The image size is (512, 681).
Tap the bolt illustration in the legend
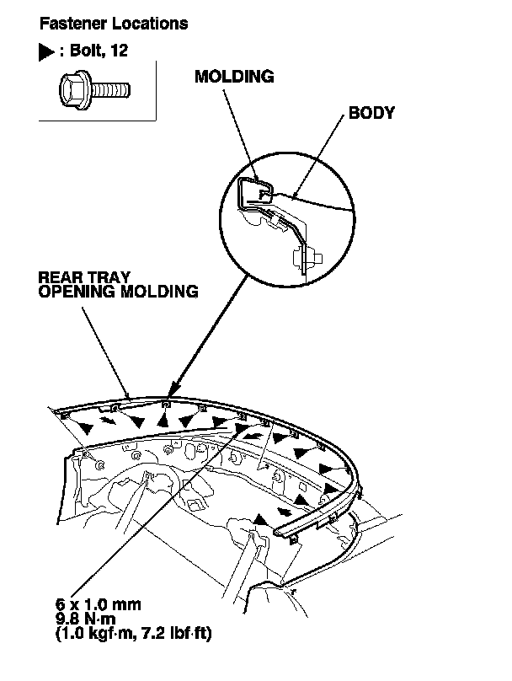[93, 87]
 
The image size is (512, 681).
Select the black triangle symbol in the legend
[46, 52]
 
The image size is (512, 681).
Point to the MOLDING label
[234, 77]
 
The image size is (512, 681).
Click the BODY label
[371, 113]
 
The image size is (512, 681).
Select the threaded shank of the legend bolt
[110, 87]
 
